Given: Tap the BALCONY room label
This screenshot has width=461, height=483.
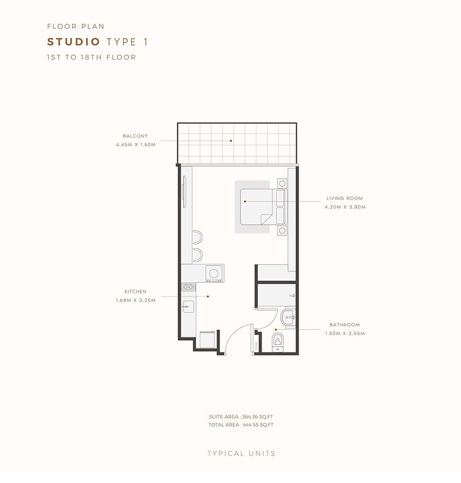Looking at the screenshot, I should point(135,136).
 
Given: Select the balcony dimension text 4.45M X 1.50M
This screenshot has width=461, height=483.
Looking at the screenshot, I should point(135,145).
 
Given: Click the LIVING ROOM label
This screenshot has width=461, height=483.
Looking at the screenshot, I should point(344,199).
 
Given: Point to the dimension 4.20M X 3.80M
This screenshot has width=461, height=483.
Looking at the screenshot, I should point(344,207).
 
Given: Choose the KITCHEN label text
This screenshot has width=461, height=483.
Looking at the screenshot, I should point(134,292).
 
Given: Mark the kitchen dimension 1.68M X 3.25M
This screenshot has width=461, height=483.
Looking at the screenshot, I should point(135,301).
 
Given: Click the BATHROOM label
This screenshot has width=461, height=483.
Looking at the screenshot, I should point(344,325).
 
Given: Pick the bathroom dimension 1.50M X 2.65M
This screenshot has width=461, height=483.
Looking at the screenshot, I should point(344,333).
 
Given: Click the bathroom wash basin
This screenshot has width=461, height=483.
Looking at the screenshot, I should point(289,318).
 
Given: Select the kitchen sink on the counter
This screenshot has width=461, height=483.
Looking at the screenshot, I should point(188,307).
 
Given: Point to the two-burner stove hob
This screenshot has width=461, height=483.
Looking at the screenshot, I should point(188,287).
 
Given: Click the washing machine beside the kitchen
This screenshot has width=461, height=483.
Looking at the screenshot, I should point(214,273).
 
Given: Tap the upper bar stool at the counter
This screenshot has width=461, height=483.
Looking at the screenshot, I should point(197,238).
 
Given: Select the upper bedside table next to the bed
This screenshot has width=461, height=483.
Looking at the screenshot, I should point(282,183).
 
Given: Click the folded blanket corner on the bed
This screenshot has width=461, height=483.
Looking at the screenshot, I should point(264,219).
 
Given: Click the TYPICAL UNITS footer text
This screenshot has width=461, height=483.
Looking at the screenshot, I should point(241,453).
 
